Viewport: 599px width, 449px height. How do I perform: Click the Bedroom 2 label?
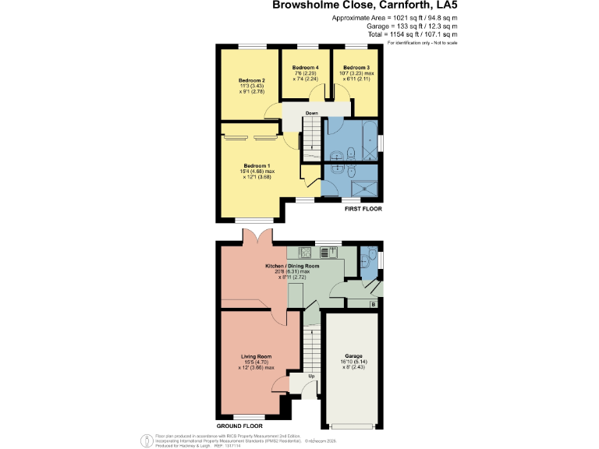pyautogui.click(x=252, y=80)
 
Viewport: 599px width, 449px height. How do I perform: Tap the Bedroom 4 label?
pyautogui.click(x=306, y=68)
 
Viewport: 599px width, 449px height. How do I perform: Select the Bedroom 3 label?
pyautogui.click(x=356, y=68)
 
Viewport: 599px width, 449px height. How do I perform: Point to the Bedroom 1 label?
pyautogui.click(x=257, y=165)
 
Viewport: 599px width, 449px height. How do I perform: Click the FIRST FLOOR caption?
pyautogui.click(x=363, y=210)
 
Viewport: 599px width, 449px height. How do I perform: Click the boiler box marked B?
pyautogui.click(x=373, y=303)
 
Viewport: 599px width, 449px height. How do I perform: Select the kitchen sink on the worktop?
pyautogui.click(x=328, y=251)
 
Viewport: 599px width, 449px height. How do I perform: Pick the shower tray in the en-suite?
pyautogui.click(x=362, y=186)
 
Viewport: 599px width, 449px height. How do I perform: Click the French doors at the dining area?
pyautogui.click(x=257, y=237)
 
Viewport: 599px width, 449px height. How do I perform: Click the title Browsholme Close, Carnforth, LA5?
pyautogui.click(x=364, y=5)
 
